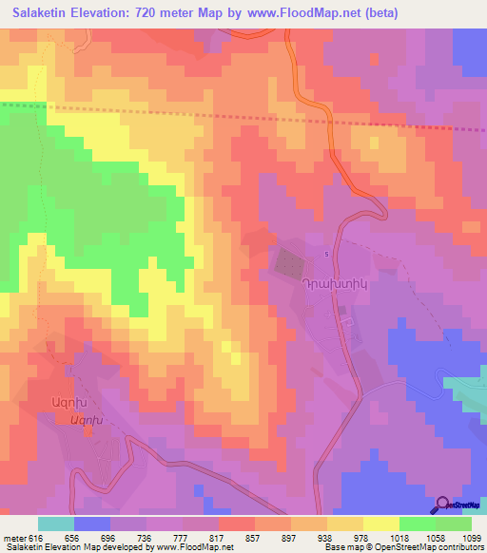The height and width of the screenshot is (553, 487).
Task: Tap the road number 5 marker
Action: coord(326,254)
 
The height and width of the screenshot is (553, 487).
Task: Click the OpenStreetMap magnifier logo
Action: coord(444,506)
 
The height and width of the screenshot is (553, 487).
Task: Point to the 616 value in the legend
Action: coord(36,537)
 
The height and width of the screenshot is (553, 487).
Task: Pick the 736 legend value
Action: coord(146,537)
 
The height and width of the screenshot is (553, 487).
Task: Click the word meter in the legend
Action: coord(14,537)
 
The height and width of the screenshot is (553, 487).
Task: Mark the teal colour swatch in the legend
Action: coord(55,524)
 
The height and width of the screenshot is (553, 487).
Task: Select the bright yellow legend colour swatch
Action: coord(380,524)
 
